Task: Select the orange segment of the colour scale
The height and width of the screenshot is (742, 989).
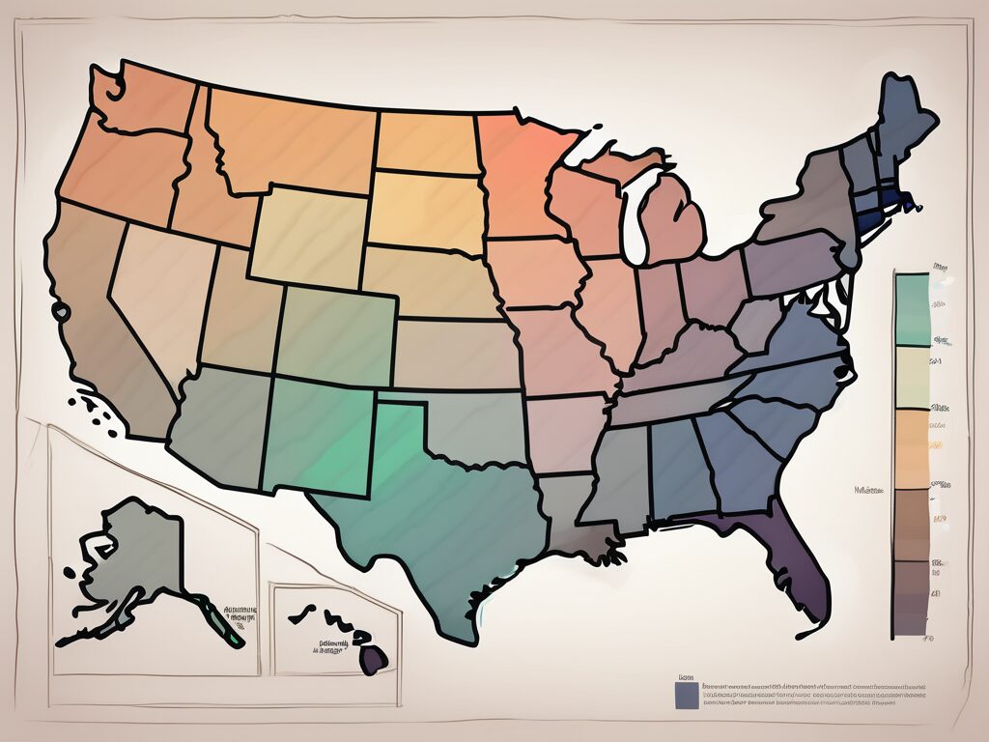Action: pyautogui.click(x=912, y=449)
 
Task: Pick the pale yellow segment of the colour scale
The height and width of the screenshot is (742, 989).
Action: pyautogui.click(x=912, y=377)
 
